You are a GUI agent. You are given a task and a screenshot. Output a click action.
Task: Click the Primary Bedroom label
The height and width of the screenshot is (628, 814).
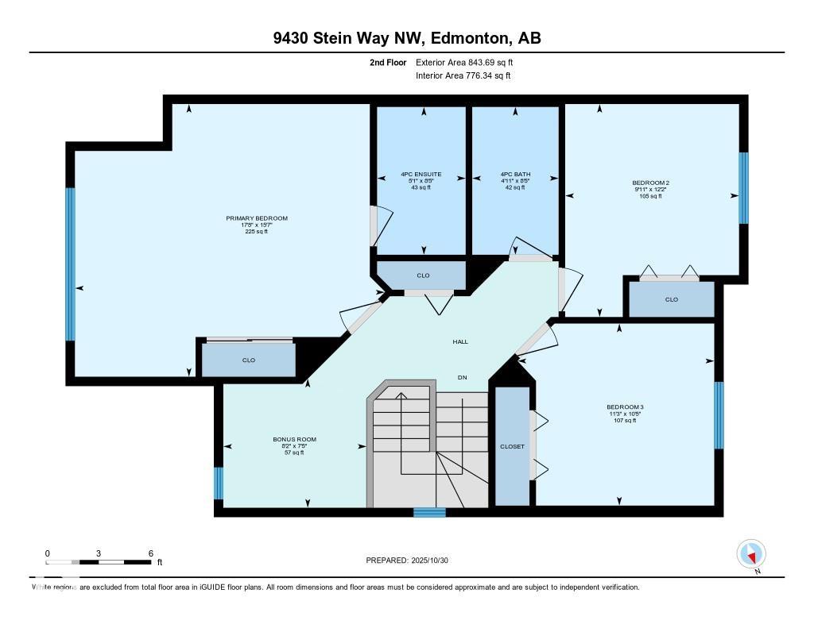click(256, 218)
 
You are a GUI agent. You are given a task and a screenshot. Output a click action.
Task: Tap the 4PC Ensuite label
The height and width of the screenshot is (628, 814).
click(421, 175)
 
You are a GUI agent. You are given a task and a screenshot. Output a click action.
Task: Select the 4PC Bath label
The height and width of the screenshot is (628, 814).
click(515, 175)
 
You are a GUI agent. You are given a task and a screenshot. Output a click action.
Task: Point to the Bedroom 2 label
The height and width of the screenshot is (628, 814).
click(650, 183)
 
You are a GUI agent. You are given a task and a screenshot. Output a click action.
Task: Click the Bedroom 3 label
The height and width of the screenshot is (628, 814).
click(624, 406)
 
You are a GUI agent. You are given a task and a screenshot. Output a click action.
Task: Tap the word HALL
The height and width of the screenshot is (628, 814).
click(460, 342)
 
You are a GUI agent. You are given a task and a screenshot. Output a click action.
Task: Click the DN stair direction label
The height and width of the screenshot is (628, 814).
click(462, 377)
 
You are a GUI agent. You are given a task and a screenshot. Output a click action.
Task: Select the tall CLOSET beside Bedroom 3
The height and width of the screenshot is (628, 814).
click(513, 446)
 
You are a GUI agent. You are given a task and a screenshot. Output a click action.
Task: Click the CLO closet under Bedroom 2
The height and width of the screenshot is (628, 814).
click(672, 299)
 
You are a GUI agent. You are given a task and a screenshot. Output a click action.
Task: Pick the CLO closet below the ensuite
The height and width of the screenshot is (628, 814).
click(423, 275)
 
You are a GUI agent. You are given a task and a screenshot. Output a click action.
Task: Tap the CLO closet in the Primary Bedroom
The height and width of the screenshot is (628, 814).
click(249, 360)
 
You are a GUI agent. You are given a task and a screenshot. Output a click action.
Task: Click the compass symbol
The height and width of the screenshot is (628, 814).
click(751, 553)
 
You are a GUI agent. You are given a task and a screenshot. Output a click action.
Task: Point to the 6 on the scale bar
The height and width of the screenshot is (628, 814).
click(150, 553)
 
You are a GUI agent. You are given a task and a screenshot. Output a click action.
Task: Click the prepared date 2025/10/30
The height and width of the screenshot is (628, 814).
click(436, 561)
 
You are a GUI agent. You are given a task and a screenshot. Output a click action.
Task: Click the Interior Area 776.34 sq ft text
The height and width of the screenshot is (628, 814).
click(463, 76)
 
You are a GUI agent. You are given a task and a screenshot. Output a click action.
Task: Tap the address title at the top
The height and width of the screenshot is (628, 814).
click(407, 38)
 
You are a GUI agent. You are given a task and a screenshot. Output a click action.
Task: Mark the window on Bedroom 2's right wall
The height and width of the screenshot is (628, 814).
click(743, 188)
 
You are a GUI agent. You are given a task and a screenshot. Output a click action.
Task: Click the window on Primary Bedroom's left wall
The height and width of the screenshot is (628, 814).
click(70, 264)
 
